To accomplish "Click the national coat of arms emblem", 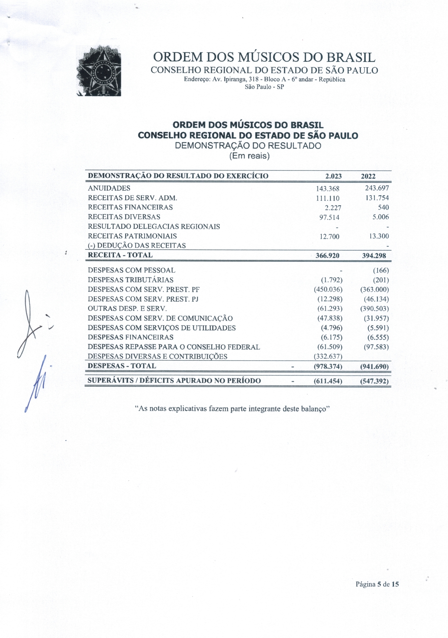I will point(99,71).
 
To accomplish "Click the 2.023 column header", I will point(333,176).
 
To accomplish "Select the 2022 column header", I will point(368,176).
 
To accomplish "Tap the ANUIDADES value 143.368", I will point(328,189).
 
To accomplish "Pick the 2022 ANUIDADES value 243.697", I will point(377,188).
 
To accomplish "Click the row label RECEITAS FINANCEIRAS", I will point(130,207).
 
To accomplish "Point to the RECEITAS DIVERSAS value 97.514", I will point(329,217).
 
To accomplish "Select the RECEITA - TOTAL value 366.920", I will point(327,255).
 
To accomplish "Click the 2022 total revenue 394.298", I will point(374,255).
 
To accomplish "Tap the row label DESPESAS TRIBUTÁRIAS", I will point(130,280).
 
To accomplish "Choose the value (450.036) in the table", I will point(328,290).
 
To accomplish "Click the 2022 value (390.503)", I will point(374,309).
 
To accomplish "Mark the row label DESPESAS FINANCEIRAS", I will point(130,337).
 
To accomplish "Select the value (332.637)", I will point(328,357).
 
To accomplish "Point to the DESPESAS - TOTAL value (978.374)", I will point(328,367).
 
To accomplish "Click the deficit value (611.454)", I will point(328,381).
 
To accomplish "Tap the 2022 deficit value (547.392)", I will point(374,381).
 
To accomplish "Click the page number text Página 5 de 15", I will point(377,584).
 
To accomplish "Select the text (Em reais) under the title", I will point(249,156).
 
